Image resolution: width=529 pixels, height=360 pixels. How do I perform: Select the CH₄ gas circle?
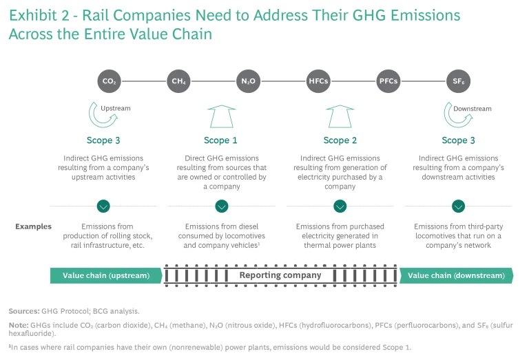click(x=178, y=81)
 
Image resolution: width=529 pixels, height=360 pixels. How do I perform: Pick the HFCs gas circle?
click(x=318, y=81)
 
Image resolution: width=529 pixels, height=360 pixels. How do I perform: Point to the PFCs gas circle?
click(x=388, y=81)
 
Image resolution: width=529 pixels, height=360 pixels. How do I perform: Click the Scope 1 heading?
click(x=221, y=140)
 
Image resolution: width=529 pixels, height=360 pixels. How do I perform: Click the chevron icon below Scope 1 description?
click(x=221, y=206)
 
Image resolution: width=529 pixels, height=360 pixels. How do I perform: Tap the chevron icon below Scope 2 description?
click(x=340, y=206)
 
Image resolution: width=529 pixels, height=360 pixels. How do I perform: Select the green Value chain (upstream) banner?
click(x=105, y=275)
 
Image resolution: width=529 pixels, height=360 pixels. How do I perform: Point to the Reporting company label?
click(x=280, y=275)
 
